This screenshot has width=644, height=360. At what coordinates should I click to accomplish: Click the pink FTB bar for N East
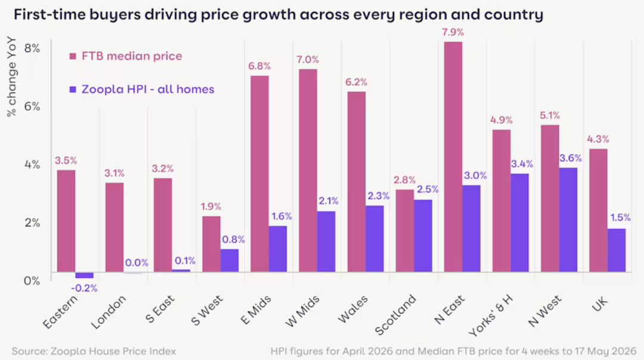pyautogui.click(x=453, y=156)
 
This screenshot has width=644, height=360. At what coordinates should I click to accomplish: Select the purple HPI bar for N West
pyautogui.click(x=568, y=219)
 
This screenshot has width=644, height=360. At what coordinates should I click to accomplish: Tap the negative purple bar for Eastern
pyautogui.click(x=84, y=275)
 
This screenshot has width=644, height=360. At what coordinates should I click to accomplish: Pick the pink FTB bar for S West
pyautogui.click(x=211, y=244)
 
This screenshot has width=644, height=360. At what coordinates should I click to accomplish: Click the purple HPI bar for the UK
pyautogui.click(x=617, y=250)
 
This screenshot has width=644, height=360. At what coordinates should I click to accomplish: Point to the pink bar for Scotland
pyautogui.click(x=404, y=231)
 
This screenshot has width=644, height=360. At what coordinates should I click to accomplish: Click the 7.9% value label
pyautogui.click(x=453, y=32)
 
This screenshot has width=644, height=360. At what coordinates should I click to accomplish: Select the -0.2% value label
pyautogui.click(x=84, y=288)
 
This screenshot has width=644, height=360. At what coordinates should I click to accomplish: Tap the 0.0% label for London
pyautogui.click(x=137, y=263)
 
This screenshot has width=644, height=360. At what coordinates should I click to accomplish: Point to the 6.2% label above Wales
pyautogui.click(x=356, y=82)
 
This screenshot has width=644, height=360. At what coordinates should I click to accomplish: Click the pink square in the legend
pyautogui.click(x=73, y=56)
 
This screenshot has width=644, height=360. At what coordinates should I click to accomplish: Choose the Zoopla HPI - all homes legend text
pyautogui.click(x=148, y=89)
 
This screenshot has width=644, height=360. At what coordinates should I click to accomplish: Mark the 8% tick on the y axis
pyautogui.click(x=32, y=48)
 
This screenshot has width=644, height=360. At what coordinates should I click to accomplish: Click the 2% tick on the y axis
pyautogui.click(x=32, y=223)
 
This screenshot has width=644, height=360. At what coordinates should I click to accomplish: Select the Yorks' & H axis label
pyautogui.click(x=491, y=315)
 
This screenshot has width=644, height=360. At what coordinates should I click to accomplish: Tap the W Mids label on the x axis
pyautogui.click(x=302, y=312)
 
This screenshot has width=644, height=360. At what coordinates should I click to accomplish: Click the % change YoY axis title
pyautogui.click(x=11, y=77)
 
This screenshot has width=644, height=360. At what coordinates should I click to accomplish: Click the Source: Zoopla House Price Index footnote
pyautogui.click(x=94, y=352)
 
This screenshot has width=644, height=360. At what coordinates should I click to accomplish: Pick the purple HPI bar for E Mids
pyautogui.click(x=278, y=249)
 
